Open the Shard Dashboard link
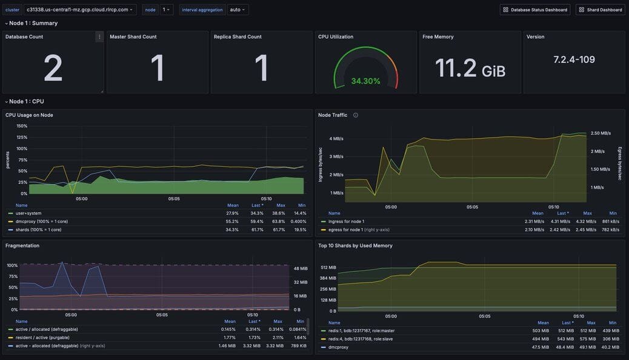(600, 10)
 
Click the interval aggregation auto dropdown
(238, 10)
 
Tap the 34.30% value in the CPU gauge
(365, 81)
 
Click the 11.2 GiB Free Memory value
(470, 69)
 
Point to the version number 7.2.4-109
(574, 59)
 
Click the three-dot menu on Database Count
(99, 37)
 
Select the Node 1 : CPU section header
(26, 101)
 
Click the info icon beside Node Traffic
(356, 115)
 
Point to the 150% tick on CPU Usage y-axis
(22, 126)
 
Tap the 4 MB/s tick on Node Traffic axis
(336, 139)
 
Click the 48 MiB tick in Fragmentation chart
(301, 268)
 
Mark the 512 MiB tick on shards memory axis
(328, 267)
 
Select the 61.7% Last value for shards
(257, 230)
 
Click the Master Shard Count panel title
(133, 37)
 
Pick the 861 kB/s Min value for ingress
(610, 221)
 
